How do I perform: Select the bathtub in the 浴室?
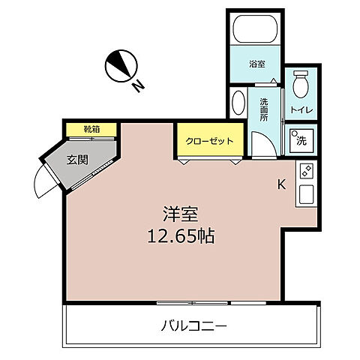(x=256, y=31)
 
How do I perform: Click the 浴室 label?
(x=256, y=64)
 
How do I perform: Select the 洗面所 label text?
(x=264, y=109)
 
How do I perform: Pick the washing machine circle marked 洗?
(x=301, y=139)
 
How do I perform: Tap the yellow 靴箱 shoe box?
(x=91, y=129)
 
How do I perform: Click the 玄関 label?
(x=76, y=159)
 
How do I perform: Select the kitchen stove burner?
(x=306, y=171)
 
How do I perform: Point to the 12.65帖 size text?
(x=181, y=237)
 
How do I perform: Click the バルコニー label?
(x=193, y=326)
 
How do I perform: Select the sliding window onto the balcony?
(x=193, y=302)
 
